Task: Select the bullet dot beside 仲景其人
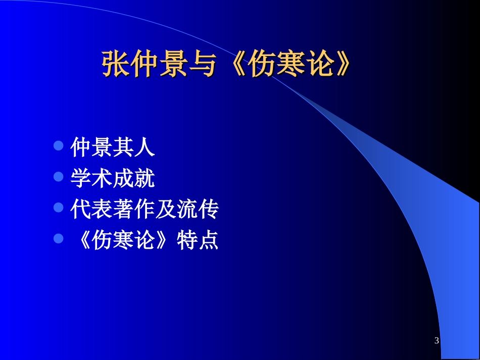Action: point(58,146)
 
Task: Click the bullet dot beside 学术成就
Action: point(58,177)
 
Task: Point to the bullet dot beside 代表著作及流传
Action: point(58,208)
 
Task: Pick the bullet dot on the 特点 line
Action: point(58,238)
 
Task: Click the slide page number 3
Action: point(437,341)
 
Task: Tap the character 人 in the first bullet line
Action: point(145,147)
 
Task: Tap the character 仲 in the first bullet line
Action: point(81,147)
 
